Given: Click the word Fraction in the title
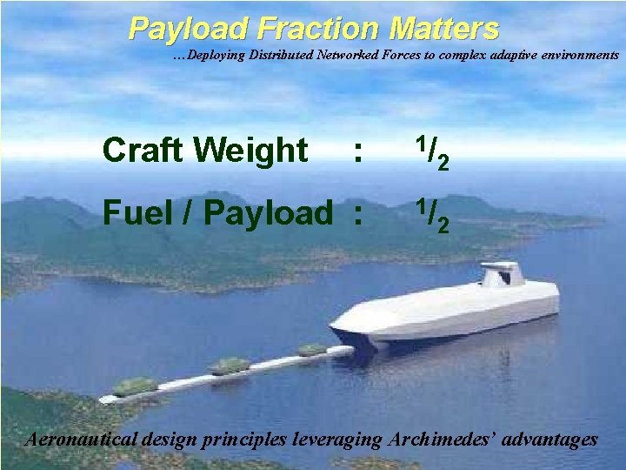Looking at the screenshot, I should (318, 30).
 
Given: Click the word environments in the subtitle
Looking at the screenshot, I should (576, 55).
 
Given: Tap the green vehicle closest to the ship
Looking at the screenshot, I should (311, 350).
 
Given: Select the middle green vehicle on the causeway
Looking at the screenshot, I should (230, 366).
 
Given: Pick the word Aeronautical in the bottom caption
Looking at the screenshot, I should (81, 440).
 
